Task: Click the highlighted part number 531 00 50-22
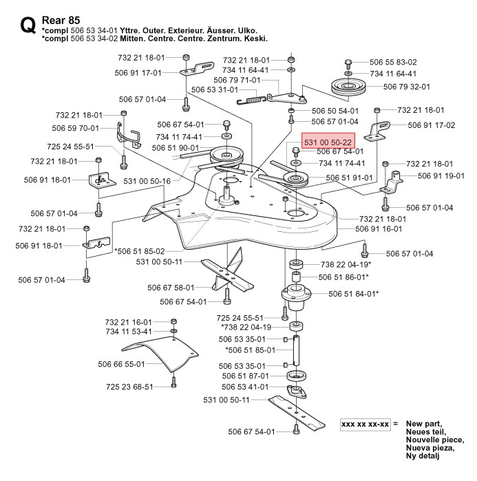[x=323, y=140]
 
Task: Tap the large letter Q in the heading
[x=28, y=27]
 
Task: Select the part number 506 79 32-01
[x=407, y=87]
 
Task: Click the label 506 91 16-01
[x=379, y=228]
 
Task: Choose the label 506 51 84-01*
[x=353, y=293]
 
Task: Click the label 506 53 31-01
[x=214, y=89]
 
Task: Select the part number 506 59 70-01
[x=76, y=128]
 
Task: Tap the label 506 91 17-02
[x=432, y=125]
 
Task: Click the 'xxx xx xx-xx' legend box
[x=365, y=424]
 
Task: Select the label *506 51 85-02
[x=139, y=250]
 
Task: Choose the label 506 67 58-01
[x=171, y=288]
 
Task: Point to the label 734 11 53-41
[x=129, y=331]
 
